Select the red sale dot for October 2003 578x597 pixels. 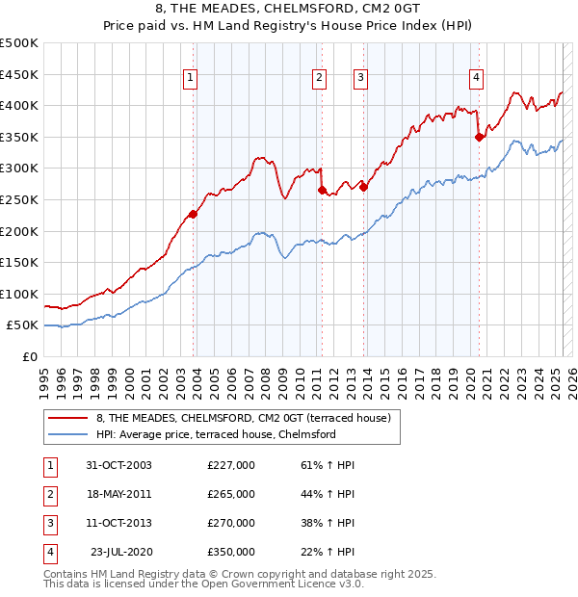coord(194,214)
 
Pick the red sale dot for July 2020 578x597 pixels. coord(479,137)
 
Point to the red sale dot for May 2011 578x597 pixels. coord(322,190)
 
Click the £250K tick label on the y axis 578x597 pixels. coord(19,199)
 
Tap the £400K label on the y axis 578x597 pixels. coord(19,105)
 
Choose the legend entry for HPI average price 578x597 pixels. coord(216,434)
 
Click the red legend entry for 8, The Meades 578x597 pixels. coord(243,418)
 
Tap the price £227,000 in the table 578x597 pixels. coord(231,465)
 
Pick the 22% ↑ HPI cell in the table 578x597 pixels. coord(328,552)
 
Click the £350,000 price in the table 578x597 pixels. coord(231,552)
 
